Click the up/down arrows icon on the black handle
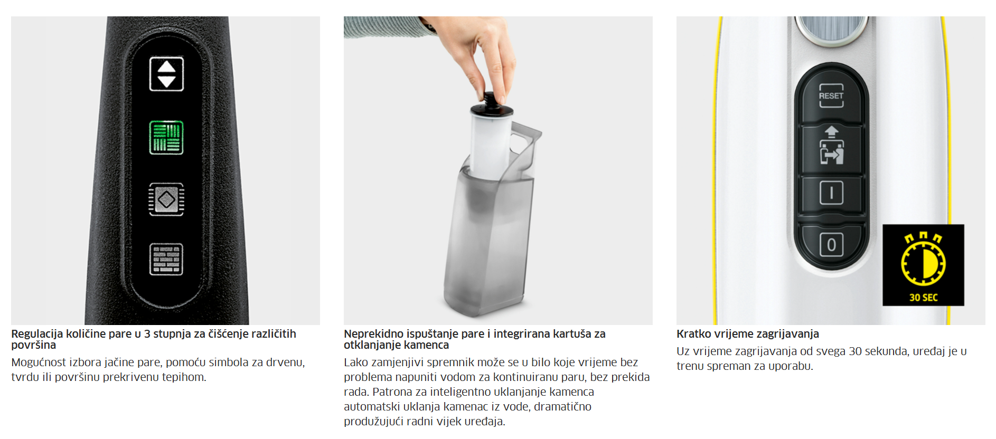pyautogui.click(x=166, y=74)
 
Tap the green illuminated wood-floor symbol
pyautogui.click(x=166, y=137)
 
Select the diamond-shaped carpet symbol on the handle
pyautogui.click(x=166, y=199)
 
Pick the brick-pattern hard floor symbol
pyautogui.click(x=166, y=259)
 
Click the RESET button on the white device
pyautogui.click(x=831, y=96)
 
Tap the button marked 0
pyautogui.click(x=831, y=245)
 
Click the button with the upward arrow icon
pyautogui.click(x=831, y=147)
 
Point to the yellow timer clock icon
pyautogui.click(x=923, y=260)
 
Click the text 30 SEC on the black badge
pyautogui.click(x=923, y=298)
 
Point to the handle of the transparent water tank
pyautogui.click(x=525, y=142)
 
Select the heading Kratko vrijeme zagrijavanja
pyautogui.click(x=748, y=334)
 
